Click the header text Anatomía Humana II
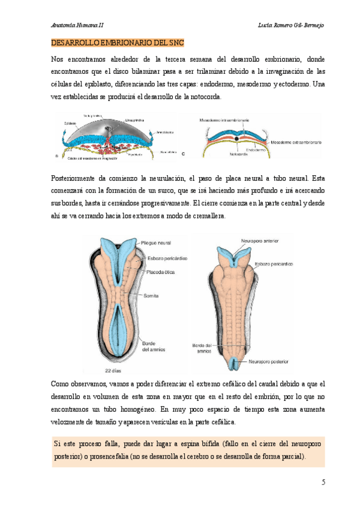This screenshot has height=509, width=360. (x=79, y=25)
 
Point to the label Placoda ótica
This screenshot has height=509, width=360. (x=161, y=271)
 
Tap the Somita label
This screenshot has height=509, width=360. (x=151, y=296)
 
